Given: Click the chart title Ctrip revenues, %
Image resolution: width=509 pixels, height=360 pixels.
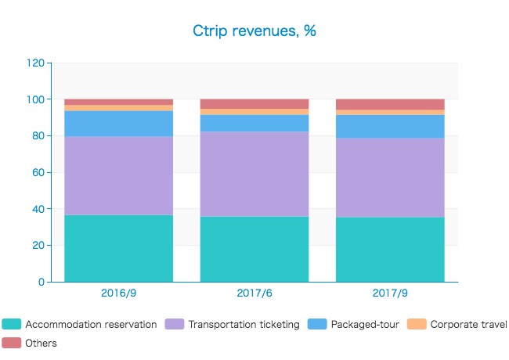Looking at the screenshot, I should (x=254, y=31).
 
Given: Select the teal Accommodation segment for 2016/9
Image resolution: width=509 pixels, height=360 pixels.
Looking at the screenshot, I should (x=118, y=248).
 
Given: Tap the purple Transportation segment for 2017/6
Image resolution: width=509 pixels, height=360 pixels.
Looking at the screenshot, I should (x=254, y=174).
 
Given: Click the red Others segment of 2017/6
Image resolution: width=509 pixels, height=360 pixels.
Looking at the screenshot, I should (x=254, y=104).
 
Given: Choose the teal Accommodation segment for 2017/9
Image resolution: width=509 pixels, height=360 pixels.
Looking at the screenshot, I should (x=390, y=249).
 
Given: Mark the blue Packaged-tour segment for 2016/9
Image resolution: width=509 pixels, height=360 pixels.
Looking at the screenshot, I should (x=118, y=124).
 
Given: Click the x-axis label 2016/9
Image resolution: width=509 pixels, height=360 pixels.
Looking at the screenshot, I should (x=118, y=294).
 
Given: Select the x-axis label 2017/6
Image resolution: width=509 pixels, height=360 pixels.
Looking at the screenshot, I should (x=254, y=294).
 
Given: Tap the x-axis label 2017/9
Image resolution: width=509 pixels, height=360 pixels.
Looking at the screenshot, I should (x=390, y=294).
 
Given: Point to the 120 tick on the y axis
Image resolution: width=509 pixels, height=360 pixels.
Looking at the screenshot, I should (x=36, y=63).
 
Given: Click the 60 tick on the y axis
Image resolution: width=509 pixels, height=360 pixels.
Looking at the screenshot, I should (x=38, y=172).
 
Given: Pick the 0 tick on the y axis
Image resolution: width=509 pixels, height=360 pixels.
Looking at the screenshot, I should (x=42, y=282).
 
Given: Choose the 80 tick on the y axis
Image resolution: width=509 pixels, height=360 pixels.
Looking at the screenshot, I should (x=38, y=136).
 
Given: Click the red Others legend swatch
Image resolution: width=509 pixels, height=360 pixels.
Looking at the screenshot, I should (x=11, y=343).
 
